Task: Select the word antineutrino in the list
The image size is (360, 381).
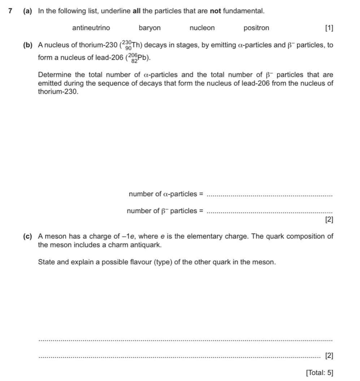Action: (91, 28)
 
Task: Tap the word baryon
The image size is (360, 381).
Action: (150, 28)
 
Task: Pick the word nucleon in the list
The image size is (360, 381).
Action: (202, 28)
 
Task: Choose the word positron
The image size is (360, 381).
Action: (256, 28)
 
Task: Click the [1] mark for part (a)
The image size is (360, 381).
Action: (329, 28)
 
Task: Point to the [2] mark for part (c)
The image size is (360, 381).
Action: (329, 356)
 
